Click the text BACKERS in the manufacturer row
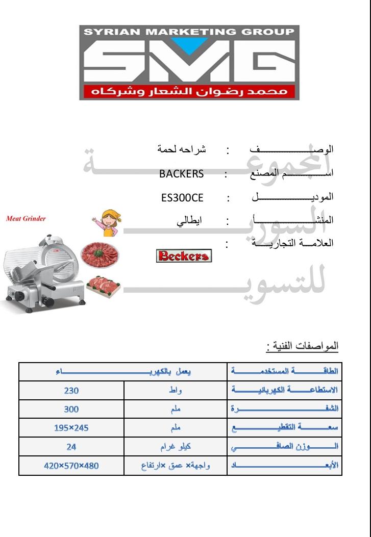point(181,173)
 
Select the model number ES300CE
point(182,197)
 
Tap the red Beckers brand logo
point(184,255)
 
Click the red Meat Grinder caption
point(26,219)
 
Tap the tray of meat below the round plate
point(104,286)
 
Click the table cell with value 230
point(71,391)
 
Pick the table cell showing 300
point(71,409)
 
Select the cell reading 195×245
point(71,427)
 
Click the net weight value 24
point(71,446)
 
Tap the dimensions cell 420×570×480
point(71,466)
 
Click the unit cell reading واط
point(175,391)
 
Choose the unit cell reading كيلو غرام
point(175,446)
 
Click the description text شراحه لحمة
point(181,150)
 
